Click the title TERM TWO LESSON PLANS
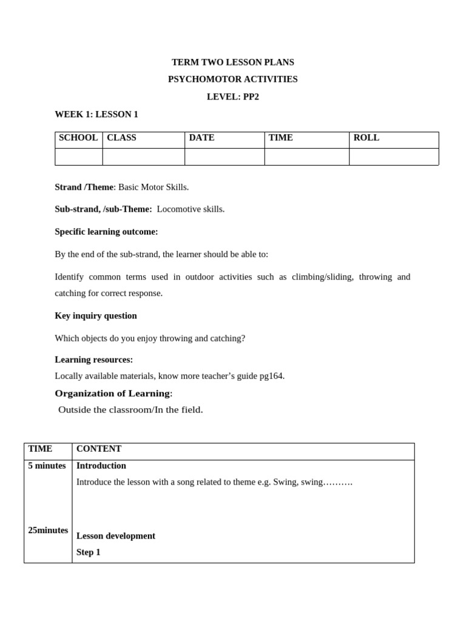pyautogui.click(x=232, y=62)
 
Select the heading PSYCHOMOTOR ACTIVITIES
pyautogui.click(x=232, y=79)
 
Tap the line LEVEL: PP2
pyautogui.click(x=232, y=96)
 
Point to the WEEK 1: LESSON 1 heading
pyautogui.click(x=96, y=114)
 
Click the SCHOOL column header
pyautogui.click(x=78, y=138)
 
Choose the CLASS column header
pyautogui.click(x=121, y=138)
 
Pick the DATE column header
pyautogui.click(x=201, y=138)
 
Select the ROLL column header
pyautogui.click(x=366, y=138)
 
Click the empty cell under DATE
pyautogui.click(x=225, y=156)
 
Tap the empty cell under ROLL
pyautogui.click(x=393, y=156)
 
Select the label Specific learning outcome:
pyautogui.click(x=106, y=232)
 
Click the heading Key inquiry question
pyautogui.click(x=96, y=315)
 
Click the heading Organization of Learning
pyautogui.click(x=112, y=393)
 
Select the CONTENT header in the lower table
pyautogui.click(x=99, y=449)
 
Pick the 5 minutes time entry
pyautogui.click(x=47, y=466)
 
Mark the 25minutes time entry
pyautogui.click(x=48, y=530)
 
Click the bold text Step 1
pyautogui.click(x=89, y=552)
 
